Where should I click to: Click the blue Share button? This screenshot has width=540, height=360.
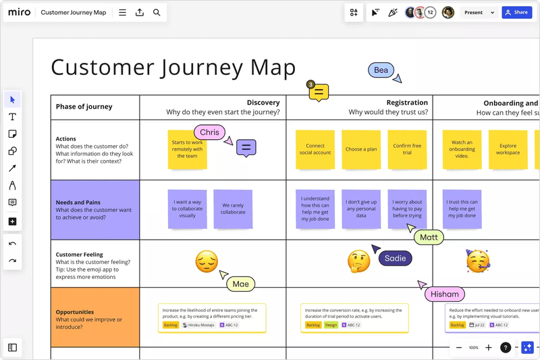click(x=516, y=12)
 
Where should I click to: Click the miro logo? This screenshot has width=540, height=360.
click(x=19, y=12)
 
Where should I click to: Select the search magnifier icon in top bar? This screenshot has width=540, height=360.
click(x=157, y=12)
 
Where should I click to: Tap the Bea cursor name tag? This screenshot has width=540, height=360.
click(x=381, y=70)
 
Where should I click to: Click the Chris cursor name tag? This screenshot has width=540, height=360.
click(x=209, y=132)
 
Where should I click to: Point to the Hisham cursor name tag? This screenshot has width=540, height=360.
click(x=445, y=294)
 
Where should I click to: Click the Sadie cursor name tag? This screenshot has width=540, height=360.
click(x=395, y=258)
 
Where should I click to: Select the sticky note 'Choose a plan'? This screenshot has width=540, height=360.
click(x=361, y=149)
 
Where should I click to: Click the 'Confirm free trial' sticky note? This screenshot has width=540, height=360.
click(x=407, y=149)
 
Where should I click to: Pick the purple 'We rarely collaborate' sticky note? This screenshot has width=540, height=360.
click(x=233, y=209)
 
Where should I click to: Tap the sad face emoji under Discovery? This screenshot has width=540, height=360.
click(x=207, y=261)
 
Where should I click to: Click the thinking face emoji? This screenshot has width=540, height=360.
click(x=358, y=261)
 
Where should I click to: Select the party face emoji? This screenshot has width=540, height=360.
click(x=477, y=261)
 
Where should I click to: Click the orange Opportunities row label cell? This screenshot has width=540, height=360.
click(x=95, y=317)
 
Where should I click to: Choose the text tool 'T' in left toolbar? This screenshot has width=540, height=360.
click(x=12, y=117)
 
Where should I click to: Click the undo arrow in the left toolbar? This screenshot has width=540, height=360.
click(x=12, y=243)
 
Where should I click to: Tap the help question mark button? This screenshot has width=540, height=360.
click(x=505, y=347)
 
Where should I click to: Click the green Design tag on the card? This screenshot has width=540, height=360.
click(x=331, y=325)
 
